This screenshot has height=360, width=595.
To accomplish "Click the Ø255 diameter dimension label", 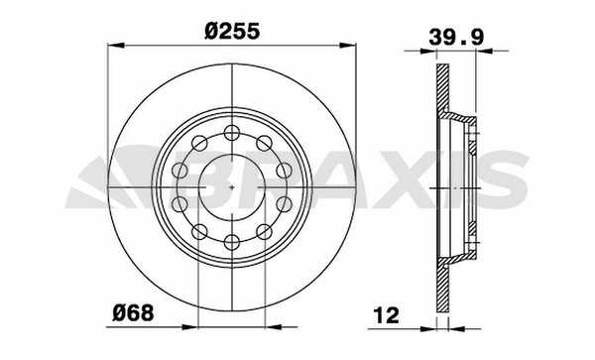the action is pos(232,31).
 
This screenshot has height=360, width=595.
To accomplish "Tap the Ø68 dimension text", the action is pos(133,313).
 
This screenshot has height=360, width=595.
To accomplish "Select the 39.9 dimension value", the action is pos(456,38).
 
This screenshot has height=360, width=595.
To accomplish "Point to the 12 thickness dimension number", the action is pos(387,315).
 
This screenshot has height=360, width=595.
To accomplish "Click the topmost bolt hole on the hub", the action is pos(232,133).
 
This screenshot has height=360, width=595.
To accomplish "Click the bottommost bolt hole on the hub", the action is pos(232,242).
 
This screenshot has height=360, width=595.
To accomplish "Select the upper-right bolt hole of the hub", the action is pos(264,144).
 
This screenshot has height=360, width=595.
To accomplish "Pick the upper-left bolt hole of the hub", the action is pos(199,144).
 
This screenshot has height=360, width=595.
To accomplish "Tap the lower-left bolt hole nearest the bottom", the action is pos(199,232).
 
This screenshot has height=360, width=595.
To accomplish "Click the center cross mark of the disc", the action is pos(232,187).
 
